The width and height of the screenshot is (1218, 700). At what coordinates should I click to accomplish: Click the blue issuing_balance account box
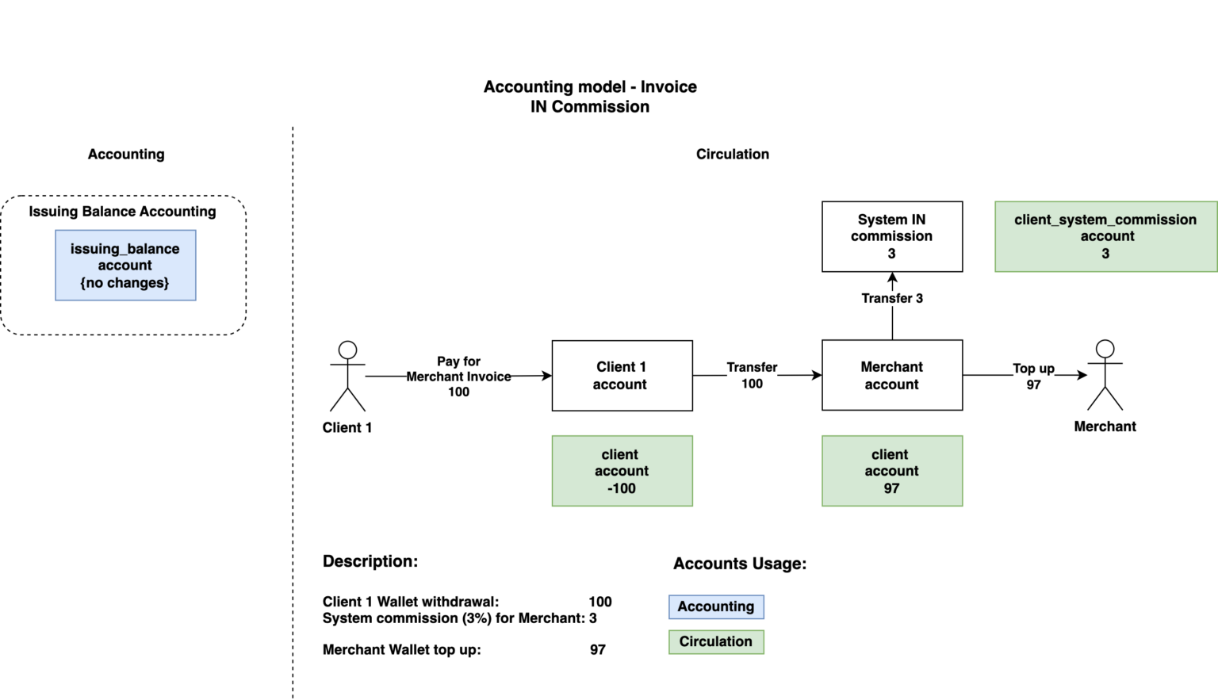[x=125, y=266]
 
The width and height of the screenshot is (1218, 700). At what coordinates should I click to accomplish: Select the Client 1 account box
[x=622, y=376]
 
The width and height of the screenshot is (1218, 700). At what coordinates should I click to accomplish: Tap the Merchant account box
[x=892, y=376]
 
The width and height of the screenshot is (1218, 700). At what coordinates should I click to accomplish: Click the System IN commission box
[x=892, y=236]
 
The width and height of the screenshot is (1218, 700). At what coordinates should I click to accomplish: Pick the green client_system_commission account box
[x=1105, y=236]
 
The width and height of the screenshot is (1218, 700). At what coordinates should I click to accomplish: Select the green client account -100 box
[x=622, y=471]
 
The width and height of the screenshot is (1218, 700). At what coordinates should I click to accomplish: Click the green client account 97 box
[x=892, y=471]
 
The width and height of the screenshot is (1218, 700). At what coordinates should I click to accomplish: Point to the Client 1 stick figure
[x=347, y=377]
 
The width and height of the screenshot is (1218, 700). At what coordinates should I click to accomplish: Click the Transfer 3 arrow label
[x=892, y=298]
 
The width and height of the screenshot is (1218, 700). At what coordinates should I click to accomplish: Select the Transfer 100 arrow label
[x=752, y=376]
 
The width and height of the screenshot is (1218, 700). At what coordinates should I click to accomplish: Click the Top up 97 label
[x=1033, y=377]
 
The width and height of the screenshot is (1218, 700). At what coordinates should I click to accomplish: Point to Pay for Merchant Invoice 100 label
[x=458, y=377]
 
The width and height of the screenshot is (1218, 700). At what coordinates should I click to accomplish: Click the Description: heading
[x=370, y=561]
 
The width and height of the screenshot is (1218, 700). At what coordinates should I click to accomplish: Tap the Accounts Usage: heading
[x=739, y=564]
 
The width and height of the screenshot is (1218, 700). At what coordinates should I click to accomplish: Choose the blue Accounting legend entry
[x=716, y=606]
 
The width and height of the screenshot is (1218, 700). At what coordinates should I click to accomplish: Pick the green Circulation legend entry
[x=716, y=641]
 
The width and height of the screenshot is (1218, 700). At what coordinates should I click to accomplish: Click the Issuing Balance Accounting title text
[x=122, y=212]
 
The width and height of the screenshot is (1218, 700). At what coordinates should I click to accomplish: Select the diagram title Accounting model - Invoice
[x=590, y=87]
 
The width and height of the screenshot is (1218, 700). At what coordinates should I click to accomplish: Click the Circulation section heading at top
[x=732, y=154]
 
